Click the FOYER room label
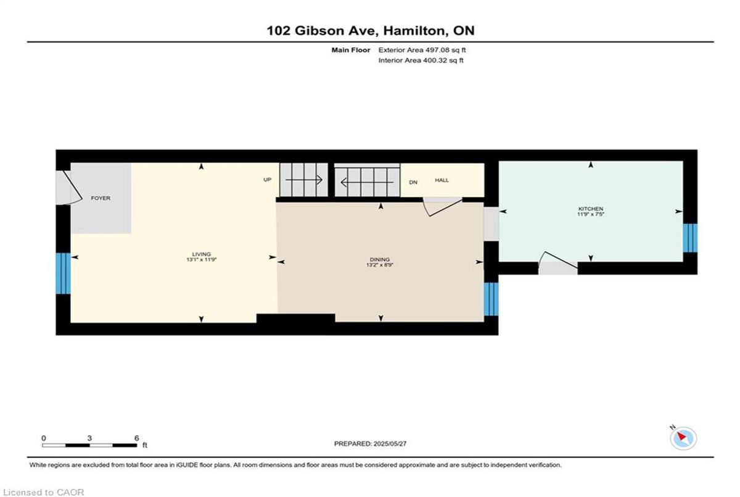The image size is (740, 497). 101,198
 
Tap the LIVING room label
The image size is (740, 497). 201,254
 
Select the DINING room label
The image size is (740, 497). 380,259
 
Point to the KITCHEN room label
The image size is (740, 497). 591,209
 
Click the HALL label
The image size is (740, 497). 442,180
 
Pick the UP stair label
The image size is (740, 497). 267,180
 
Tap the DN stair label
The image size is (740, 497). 413,182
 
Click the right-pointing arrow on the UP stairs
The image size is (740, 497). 304,180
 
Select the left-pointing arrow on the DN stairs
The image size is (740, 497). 367,182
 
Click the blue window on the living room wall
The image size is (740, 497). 63,274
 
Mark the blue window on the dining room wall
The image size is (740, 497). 491,299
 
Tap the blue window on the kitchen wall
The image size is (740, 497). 690,238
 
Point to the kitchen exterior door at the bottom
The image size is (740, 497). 558,263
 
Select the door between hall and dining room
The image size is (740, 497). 443,207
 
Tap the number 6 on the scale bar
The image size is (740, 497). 136,438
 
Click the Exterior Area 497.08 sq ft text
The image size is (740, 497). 422,50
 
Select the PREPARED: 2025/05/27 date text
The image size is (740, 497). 371,444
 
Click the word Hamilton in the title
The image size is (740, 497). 414,31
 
